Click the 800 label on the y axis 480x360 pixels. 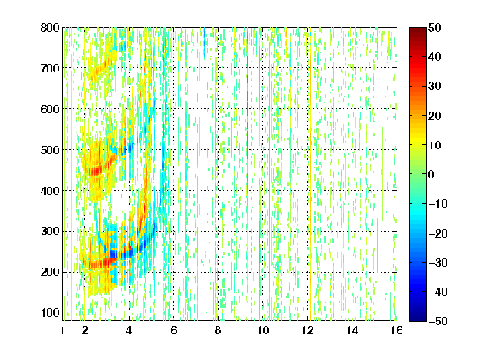click(x=50, y=27)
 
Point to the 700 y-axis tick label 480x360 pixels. click(x=50, y=68)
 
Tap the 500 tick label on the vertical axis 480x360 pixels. click(x=50, y=150)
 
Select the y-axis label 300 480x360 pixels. click(x=50, y=232)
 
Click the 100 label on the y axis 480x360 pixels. click(x=50, y=312)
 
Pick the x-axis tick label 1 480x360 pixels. click(x=62, y=330)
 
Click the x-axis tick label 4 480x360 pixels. click(x=129, y=330)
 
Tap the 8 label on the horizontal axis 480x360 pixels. click(x=218, y=330)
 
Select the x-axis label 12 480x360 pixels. click(x=307, y=330)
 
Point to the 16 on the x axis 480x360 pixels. click(x=397, y=330)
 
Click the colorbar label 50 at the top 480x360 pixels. click(x=434, y=27)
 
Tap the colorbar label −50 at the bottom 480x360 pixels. click(x=438, y=321)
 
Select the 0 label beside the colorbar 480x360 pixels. click(x=432, y=174)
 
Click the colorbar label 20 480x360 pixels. click(x=434, y=116)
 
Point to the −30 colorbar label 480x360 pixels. click(x=438, y=262)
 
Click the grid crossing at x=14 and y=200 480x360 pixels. click(x=352, y=272)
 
